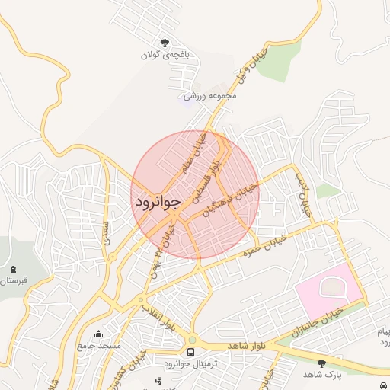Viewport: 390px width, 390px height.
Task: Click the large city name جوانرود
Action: pos(158,202)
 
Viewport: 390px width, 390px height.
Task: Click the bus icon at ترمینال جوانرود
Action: pos(190,352)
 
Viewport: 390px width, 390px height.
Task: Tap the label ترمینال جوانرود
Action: pos(191,364)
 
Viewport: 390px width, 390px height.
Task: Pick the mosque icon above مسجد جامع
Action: pos(98,334)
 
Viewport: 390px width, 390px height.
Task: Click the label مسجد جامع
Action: pos(99,346)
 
